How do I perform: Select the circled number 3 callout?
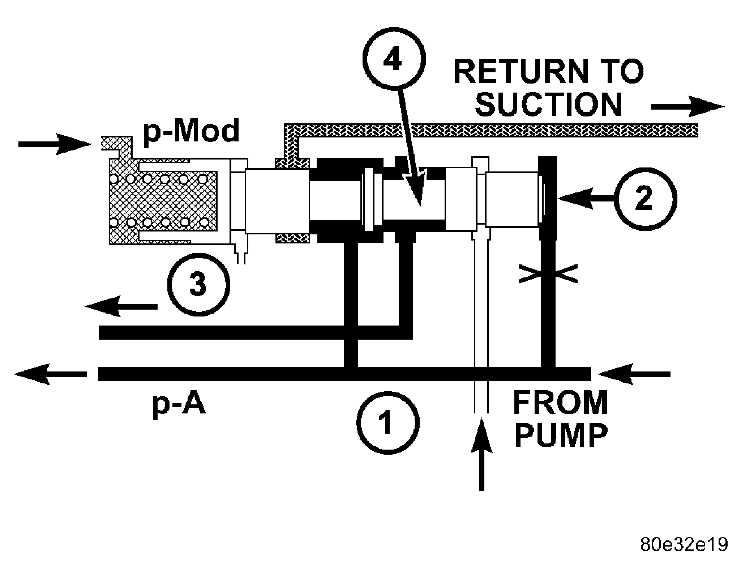198,284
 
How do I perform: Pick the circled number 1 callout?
388,423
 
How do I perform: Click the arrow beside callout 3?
121,307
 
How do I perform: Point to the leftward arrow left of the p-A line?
51,374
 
